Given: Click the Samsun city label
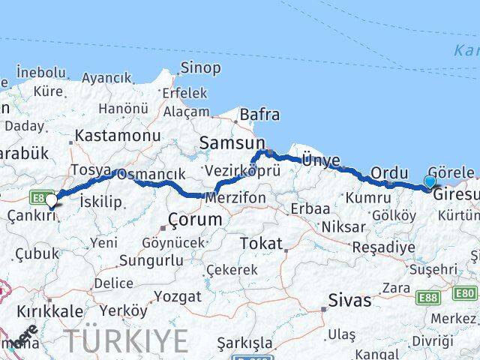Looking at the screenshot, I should coord(232,143).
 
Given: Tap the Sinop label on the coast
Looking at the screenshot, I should coord(200,68).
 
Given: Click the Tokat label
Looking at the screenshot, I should coord(261,244).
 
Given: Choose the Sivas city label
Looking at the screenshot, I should coord(349,301).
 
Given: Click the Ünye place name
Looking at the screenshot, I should coord(321,160).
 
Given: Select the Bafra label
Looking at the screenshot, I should coord(259,115).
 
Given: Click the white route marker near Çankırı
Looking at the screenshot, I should coord(51,200).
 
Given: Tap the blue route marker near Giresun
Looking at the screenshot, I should coord(429,181).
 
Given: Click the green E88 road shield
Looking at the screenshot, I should coord(429,298).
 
